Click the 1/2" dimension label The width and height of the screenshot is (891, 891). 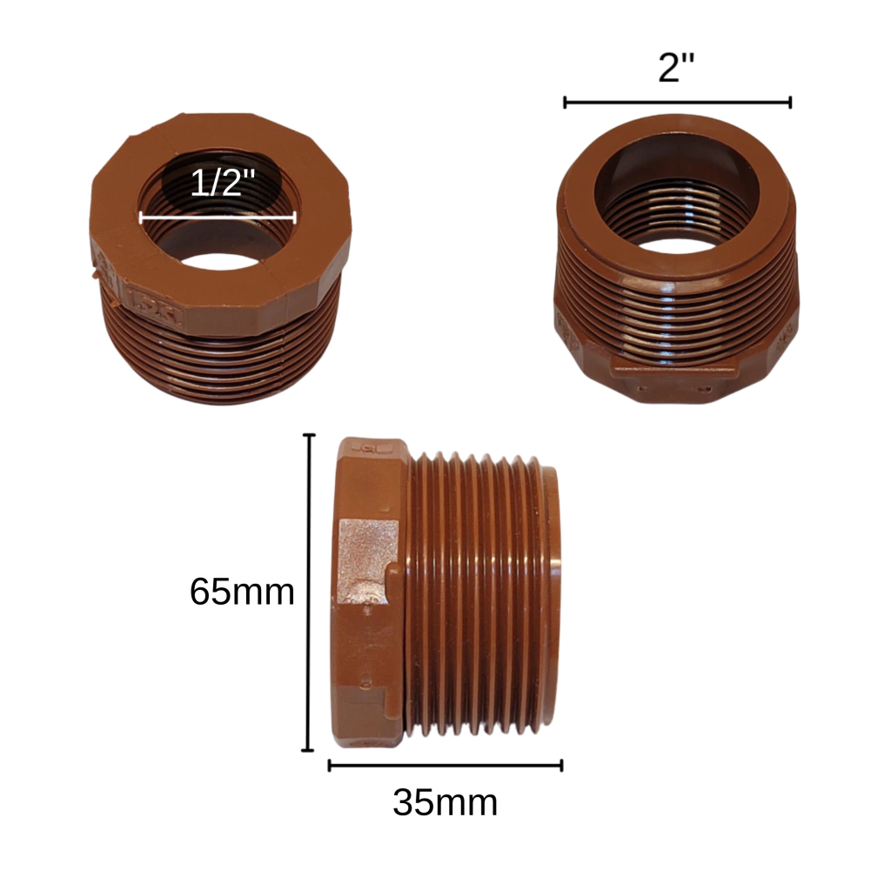222,183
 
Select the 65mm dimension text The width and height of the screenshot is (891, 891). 242,592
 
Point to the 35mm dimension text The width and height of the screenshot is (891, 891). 445,802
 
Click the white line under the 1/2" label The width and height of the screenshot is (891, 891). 218,217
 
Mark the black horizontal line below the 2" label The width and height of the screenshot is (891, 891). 677,103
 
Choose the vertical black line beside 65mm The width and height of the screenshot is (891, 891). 309,592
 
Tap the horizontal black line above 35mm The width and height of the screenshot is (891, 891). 445,766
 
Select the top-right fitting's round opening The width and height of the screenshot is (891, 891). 677,193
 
